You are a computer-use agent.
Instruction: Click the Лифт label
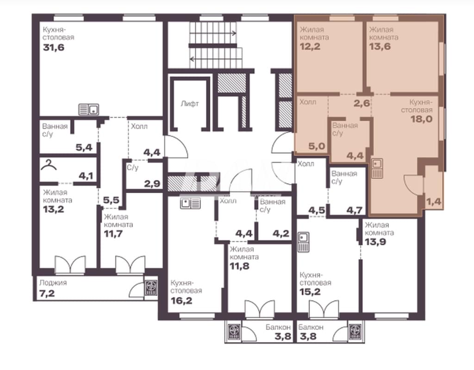click(189, 104)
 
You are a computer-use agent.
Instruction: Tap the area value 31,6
click(54, 48)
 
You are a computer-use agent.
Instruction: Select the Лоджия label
click(53, 283)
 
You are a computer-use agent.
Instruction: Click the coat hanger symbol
click(50, 165)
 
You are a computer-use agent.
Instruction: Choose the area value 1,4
click(434, 201)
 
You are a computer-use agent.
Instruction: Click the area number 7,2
click(47, 293)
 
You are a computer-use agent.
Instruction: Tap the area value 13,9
click(375, 242)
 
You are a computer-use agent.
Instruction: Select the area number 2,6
click(362, 103)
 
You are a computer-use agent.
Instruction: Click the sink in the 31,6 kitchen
click(88, 109)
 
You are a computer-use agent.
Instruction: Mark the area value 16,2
click(181, 301)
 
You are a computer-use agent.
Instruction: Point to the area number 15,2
click(310, 292)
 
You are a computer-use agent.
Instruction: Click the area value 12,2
click(310, 46)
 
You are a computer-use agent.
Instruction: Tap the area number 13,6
click(380, 46)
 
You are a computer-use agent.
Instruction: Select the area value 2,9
click(152, 183)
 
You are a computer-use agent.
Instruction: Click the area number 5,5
click(111, 200)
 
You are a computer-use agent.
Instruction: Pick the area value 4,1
click(86, 176)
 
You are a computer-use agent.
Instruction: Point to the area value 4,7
click(354, 210)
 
